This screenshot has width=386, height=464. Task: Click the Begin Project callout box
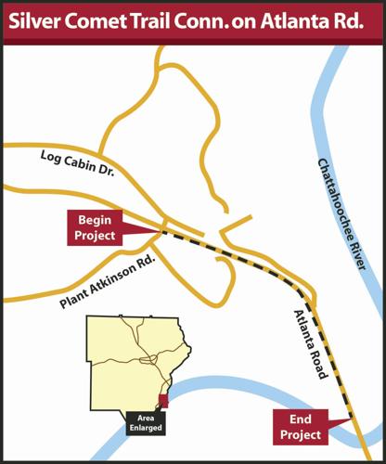(95, 228)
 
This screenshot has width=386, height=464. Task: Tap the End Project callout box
(301, 428)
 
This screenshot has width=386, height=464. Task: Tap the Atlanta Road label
(310, 344)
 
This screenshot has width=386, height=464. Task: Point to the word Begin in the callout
(95, 221)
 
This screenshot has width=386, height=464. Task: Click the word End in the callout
(301, 420)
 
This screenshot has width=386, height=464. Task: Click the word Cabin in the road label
(80, 168)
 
